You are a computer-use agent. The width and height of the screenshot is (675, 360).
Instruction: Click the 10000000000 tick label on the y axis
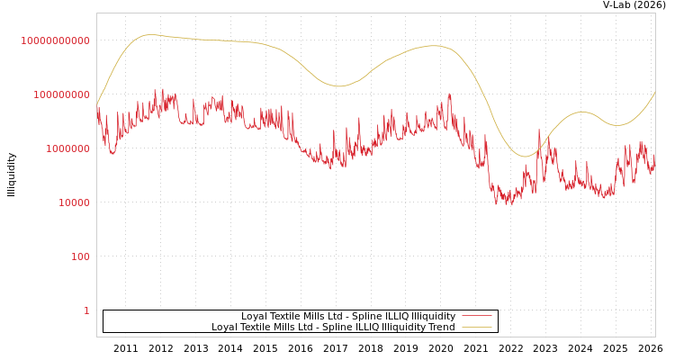55,40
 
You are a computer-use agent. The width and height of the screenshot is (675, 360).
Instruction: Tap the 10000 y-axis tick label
68,202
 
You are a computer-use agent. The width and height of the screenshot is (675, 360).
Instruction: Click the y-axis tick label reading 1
86,310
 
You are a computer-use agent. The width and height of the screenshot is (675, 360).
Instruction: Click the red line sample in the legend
476,316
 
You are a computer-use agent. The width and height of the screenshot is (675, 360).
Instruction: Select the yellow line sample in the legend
476,327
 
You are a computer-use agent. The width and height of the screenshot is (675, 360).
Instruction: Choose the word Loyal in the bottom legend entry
226,327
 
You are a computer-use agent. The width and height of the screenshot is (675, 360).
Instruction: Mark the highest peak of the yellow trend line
149,34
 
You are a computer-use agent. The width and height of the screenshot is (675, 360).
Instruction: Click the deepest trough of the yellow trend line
526,157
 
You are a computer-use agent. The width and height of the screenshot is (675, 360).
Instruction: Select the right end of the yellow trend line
655,92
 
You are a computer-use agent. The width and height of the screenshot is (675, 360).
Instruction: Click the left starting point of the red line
97,108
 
